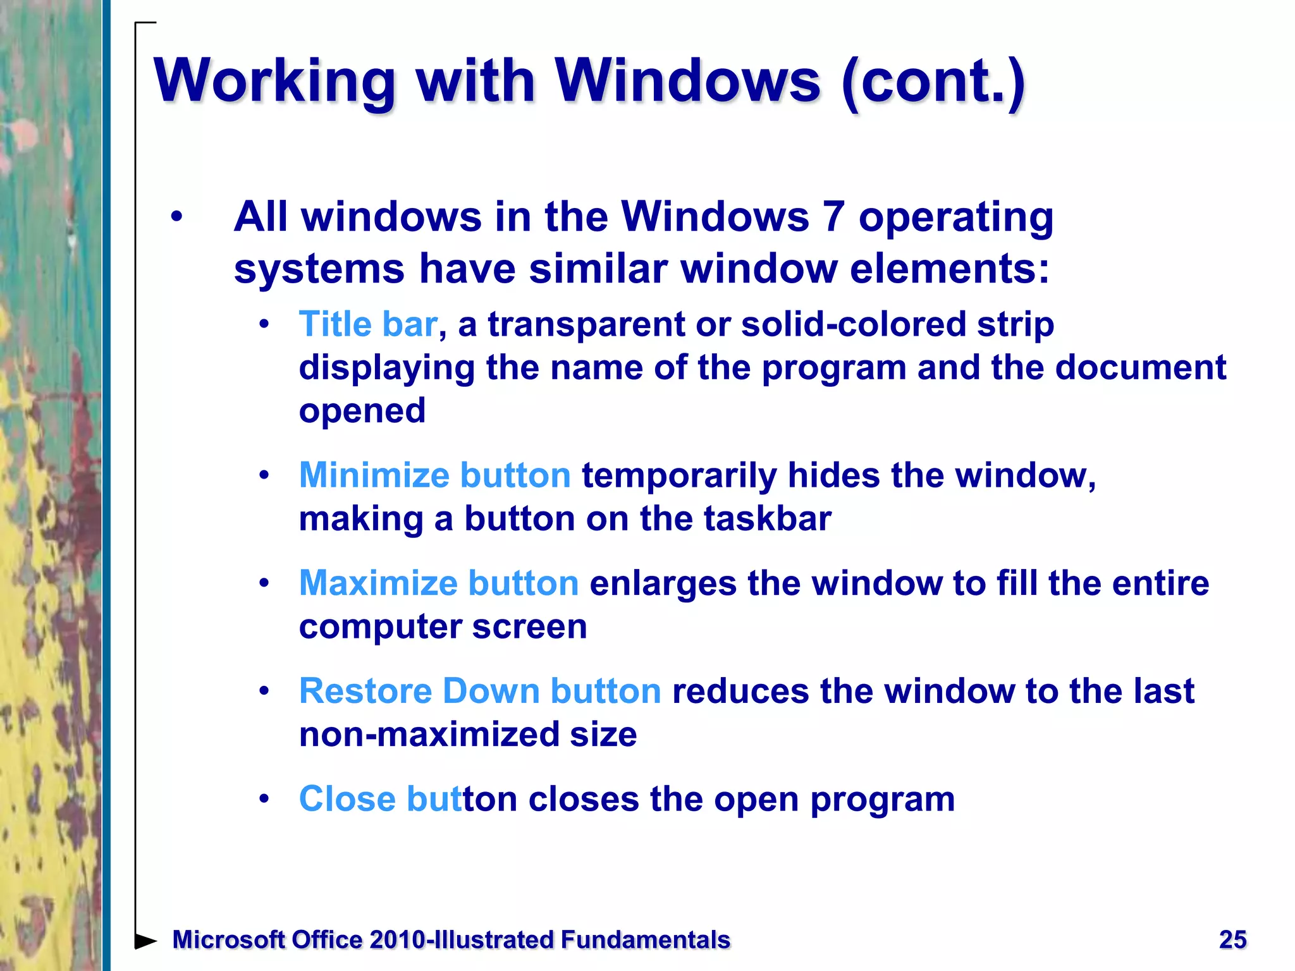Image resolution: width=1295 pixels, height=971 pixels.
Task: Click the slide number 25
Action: (1232, 939)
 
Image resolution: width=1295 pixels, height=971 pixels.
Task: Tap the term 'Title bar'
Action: (367, 324)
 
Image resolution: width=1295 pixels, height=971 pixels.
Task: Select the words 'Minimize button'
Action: (434, 475)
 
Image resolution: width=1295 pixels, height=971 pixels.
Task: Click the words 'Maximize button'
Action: (438, 583)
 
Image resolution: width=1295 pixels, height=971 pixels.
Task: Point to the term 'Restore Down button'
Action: (480, 690)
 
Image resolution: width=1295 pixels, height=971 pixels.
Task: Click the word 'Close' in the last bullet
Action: (347, 798)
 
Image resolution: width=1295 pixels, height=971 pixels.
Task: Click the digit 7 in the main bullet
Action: (833, 217)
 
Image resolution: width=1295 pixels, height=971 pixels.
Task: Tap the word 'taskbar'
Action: (767, 518)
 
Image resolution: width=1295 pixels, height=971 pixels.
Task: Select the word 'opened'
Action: (362, 411)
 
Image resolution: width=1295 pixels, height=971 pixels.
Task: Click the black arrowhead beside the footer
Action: (146, 941)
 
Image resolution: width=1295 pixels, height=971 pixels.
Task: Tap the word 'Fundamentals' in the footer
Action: (645, 940)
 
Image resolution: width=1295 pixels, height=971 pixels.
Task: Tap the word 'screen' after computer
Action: (529, 626)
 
